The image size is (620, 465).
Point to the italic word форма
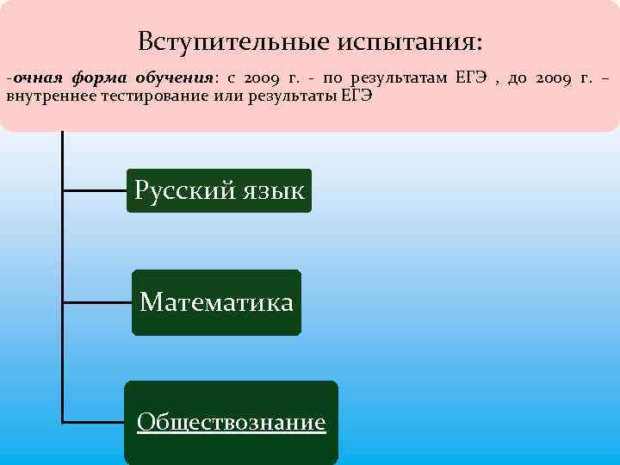coord(96,78)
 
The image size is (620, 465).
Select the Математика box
coord(216,302)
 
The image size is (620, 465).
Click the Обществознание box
coord(231,422)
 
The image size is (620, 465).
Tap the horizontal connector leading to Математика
coord(97,302)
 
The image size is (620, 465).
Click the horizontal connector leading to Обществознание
coord(94,422)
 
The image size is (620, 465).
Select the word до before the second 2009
coord(517,78)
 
